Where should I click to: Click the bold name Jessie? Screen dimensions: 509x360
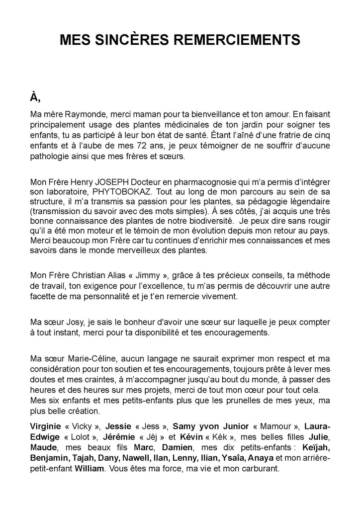coord(120,426)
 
